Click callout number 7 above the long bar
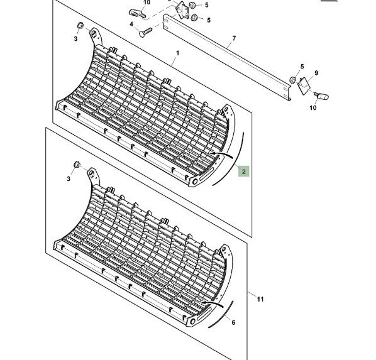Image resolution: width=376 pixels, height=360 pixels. [234, 38]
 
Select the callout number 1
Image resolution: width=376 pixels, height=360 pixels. [177, 53]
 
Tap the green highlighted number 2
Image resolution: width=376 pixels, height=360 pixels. [243, 172]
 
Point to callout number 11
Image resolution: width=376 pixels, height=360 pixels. [260, 299]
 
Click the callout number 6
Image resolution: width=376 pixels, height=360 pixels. [233, 322]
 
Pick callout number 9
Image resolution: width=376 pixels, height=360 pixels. [316, 73]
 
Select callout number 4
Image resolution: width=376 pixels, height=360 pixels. [131, 25]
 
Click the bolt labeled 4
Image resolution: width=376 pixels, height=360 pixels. [145, 32]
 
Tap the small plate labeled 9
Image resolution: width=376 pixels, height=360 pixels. [304, 85]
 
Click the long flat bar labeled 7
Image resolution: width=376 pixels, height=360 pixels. [227, 58]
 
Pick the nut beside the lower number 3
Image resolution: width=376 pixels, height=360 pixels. [77, 165]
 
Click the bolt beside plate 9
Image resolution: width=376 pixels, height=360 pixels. [321, 96]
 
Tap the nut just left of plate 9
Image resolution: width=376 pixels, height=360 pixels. [292, 80]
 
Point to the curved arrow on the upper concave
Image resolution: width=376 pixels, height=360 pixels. [221, 153]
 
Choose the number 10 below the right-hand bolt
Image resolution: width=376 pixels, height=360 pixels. [313, 108]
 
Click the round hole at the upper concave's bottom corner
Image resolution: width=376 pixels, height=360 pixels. [195, 182]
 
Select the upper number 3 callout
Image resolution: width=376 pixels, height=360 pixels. [75, 38]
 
